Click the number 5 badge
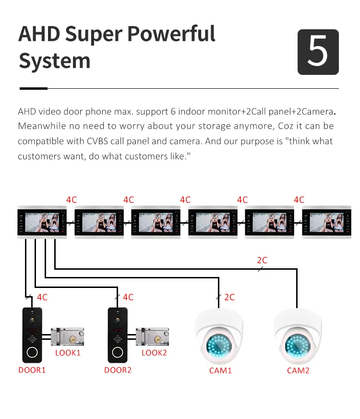click(318, 52)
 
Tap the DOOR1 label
click(32, 370)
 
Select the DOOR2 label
click(118, 370)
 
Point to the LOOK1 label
click(68, 353)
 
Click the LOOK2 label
click(154, 353)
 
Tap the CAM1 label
click(220, 371)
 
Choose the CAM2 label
click(298, 371)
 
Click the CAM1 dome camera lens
click(220, 346)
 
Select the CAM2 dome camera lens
click(298, 346)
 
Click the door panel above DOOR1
click(32, 335)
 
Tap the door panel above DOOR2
click(118, 335)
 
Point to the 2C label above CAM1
click(229, 297)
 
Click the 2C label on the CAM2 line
click(262, 260)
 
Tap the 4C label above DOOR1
click(42, 297)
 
